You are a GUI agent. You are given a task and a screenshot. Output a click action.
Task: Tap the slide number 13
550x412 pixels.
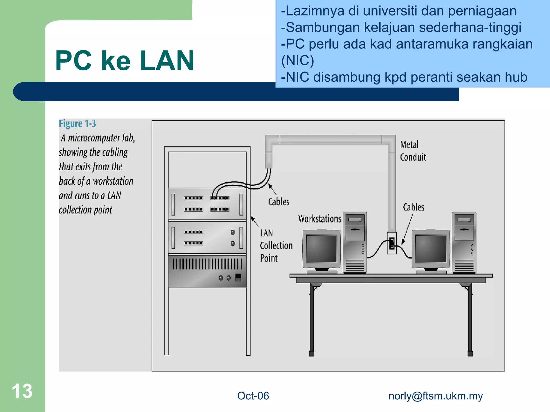[x=22, y=391]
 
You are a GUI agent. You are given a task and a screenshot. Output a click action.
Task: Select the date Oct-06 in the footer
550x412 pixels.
[x=253, y=396]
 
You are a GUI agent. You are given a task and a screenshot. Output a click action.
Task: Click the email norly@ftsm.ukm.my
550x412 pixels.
[x=435, y=396]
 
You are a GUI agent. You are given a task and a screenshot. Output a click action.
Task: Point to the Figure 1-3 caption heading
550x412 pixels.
[x=77, y=124]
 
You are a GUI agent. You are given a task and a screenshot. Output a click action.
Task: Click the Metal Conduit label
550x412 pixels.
[x=412, y=151]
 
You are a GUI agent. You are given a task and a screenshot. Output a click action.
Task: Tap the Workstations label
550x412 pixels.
[x=320, y=219]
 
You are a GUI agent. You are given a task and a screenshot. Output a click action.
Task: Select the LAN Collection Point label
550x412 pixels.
[x=276, y=245]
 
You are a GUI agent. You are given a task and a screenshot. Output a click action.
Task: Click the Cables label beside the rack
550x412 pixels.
[x=278, y=202]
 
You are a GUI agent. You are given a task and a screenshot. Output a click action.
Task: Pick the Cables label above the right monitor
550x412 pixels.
[x=413, y=207]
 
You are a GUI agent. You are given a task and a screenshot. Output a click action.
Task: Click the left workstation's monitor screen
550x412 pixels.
[x=321, y=248]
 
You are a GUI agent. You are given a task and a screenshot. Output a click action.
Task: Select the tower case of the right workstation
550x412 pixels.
[x=464, y=242]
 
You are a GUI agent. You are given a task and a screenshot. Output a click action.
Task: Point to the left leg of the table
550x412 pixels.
[x=312, y=320]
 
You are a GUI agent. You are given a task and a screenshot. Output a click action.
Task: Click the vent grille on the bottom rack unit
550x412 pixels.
[x=207, y=264]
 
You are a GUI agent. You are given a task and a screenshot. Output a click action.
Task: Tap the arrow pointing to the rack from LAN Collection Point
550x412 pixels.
[x=255, y=222]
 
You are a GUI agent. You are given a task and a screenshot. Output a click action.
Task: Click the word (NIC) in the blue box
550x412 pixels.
[x=297, y=60]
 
